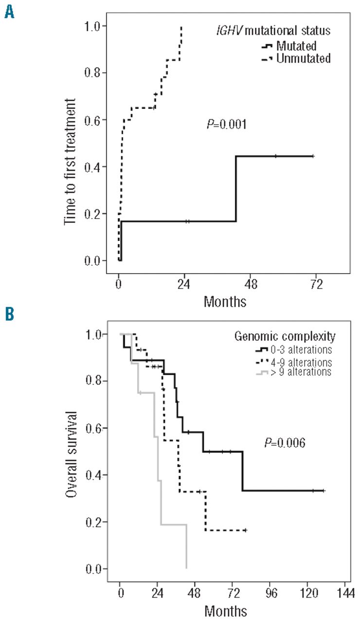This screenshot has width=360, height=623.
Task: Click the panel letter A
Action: click(x=9, y=9)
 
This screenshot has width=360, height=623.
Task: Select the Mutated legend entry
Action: click(x=296, y=47)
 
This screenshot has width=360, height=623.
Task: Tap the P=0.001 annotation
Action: click(x=226, y=125)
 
